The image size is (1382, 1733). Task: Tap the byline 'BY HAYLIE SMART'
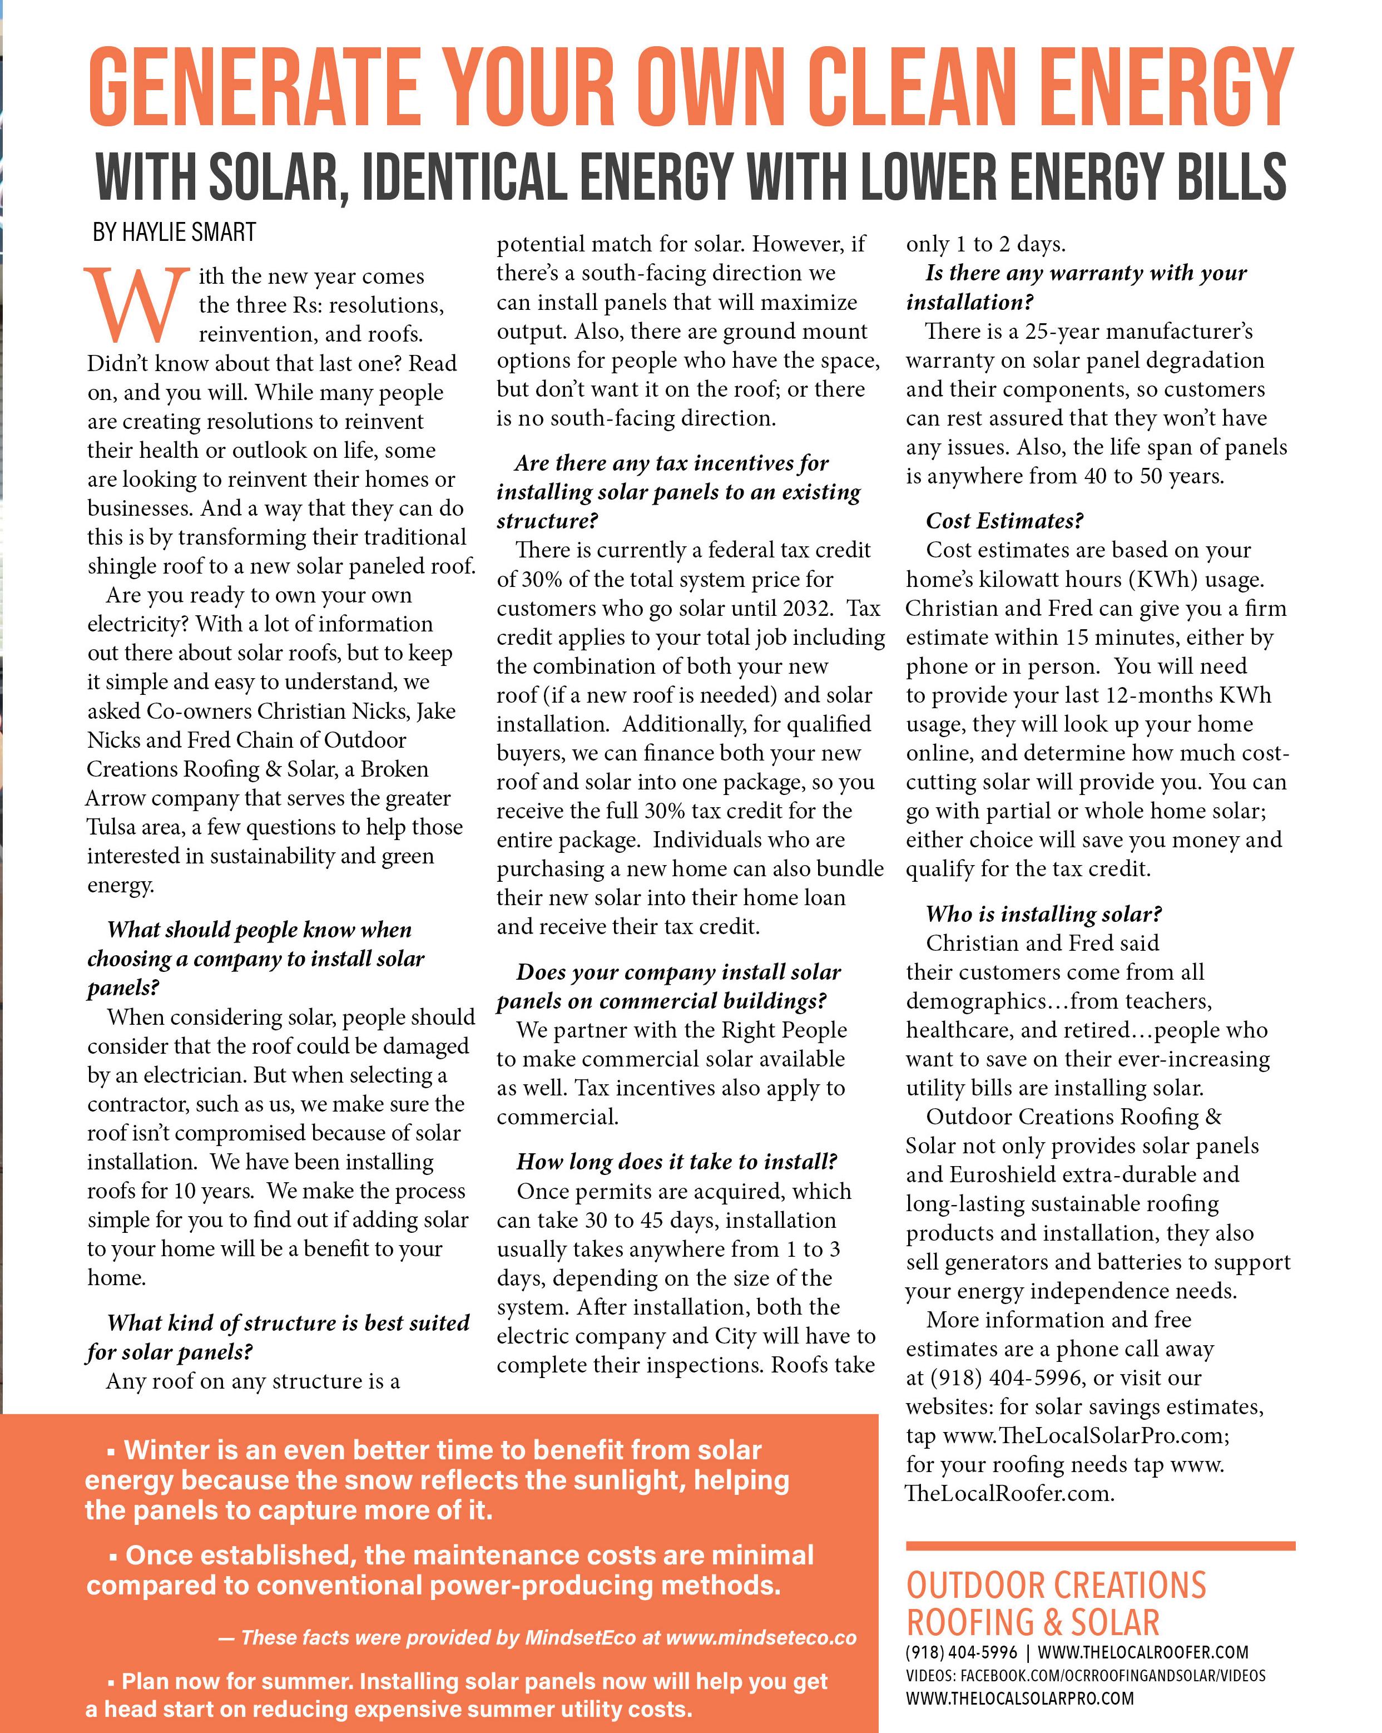click(x=175, y=233)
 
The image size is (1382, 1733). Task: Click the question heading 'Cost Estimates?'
click(x=1004, y=521)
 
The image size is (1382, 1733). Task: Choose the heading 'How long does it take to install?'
click(x=676, y=1162)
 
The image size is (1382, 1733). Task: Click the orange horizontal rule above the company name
click(x=1100, y=1546)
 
